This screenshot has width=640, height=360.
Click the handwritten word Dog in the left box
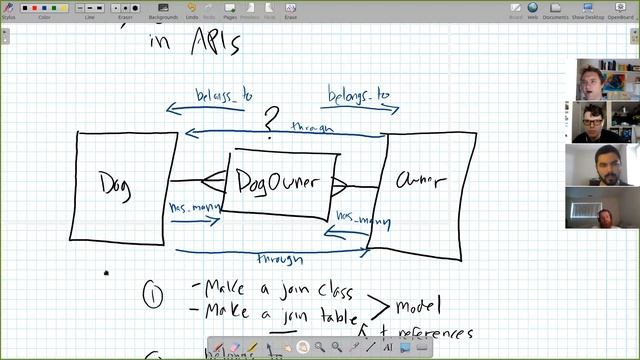point(117,184)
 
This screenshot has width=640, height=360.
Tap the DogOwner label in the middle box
point(277,182)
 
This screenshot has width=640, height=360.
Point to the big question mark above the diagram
point(270,120)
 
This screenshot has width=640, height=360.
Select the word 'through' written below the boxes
point(281,259)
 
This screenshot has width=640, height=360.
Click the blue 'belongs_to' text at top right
point(358,97)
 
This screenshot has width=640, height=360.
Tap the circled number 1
point(152,295)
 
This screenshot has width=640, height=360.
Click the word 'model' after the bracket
point(417,305)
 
